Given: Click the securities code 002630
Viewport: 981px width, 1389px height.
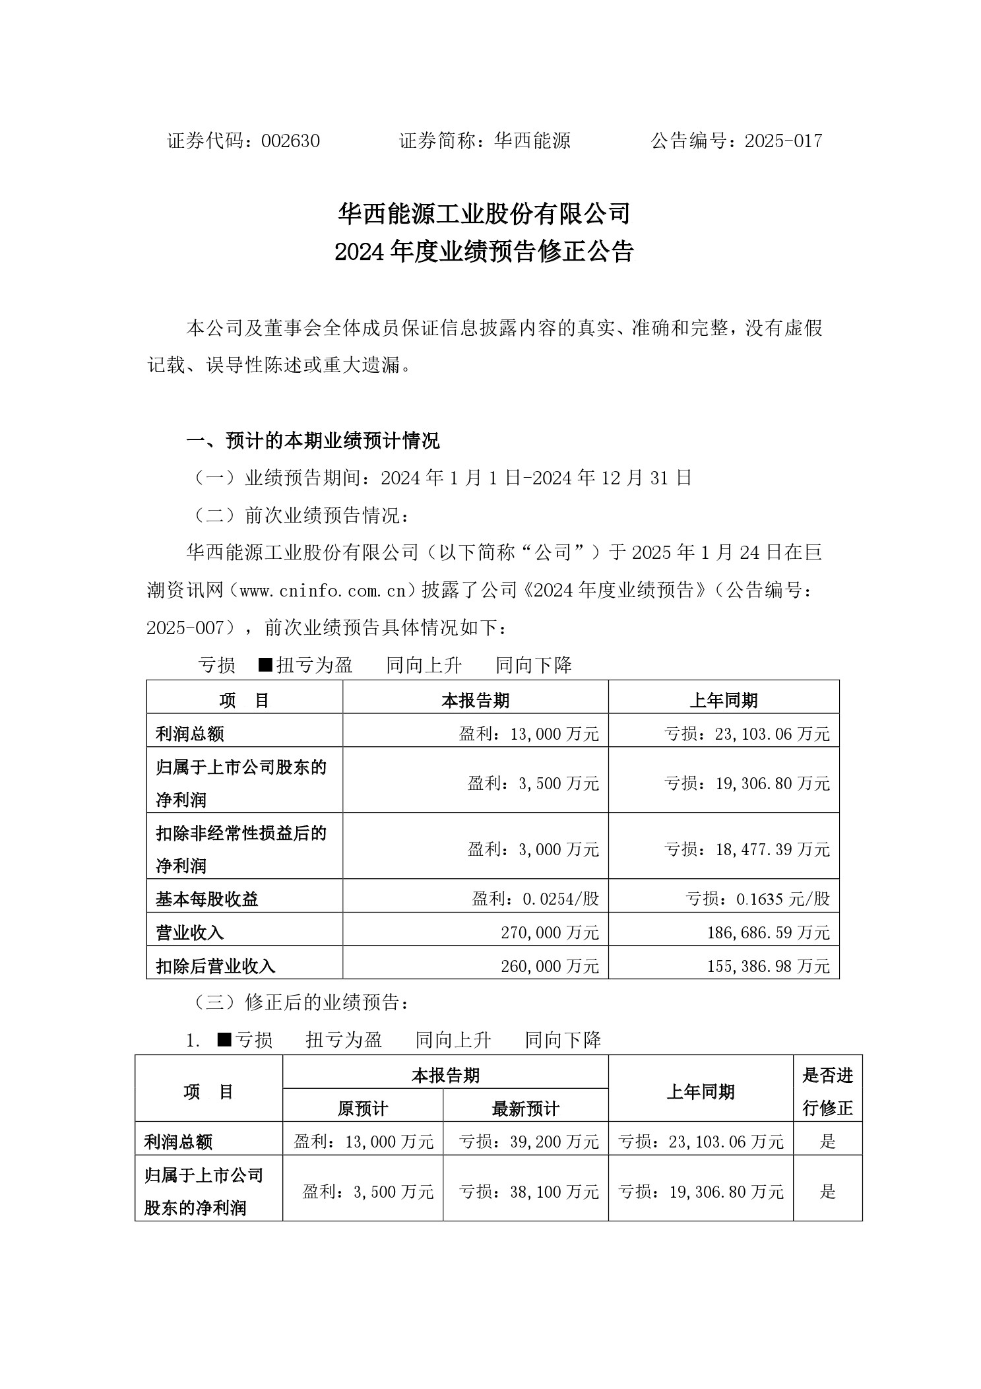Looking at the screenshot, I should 290,141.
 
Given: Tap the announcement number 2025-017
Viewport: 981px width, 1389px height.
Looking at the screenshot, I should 783,141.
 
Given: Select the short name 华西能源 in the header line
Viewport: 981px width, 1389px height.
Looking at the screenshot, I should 532,141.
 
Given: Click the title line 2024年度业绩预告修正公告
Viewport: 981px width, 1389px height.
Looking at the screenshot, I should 484,252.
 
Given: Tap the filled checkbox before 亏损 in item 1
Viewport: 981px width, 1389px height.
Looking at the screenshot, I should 224,1040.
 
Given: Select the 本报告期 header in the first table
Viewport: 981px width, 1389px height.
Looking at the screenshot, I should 475,700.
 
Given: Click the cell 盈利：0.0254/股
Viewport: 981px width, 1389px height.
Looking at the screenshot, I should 535,899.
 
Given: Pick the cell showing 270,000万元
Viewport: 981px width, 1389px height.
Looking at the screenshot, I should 550,932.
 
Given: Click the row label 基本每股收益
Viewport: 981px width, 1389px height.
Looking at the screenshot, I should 207,899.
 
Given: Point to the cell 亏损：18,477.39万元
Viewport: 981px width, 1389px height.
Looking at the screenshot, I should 747,849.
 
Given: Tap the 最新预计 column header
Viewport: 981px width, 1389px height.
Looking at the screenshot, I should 525,1109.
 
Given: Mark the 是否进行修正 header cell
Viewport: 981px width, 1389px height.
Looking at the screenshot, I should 827,1092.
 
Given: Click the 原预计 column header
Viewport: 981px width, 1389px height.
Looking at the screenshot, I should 362,1109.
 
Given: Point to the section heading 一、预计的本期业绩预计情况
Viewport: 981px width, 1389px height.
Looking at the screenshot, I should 313,441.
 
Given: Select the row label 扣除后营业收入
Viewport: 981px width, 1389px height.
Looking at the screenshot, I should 216,966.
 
